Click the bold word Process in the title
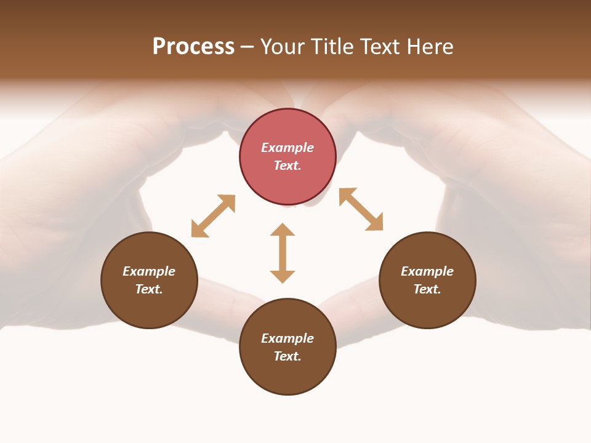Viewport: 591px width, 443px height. click(x=193, y=47)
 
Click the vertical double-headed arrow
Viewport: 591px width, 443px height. click(x=283, y=253)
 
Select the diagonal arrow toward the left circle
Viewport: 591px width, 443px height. click(x=213, y=216)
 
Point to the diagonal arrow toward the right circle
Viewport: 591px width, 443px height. click(x=361, y=209)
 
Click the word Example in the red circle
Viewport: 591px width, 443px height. click(x=287, y=148)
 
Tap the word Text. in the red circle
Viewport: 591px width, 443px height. click(x=287, y=166)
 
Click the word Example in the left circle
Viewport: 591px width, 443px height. click(x=149, y=271)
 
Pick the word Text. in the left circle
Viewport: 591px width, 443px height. click(x=149, y=289)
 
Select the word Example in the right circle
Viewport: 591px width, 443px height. click(x=427, y=271)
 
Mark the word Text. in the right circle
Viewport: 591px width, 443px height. click(x=427, y=289)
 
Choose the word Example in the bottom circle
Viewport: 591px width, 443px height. click(x=287, y=338)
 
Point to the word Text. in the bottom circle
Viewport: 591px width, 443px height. click(x=287, y=356)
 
